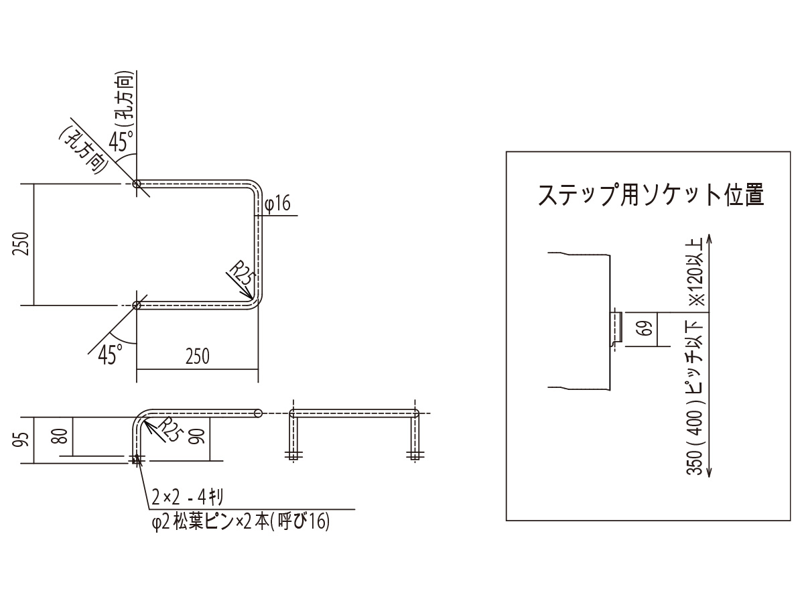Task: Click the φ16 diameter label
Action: coord(277,204)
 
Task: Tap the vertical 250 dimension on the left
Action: coord(21,244)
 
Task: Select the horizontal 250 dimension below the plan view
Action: coord(198,356)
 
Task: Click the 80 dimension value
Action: coord(62,436)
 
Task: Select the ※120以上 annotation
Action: coord(695,273)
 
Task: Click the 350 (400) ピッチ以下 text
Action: coord(695,397)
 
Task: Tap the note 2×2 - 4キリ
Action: coord(187,497)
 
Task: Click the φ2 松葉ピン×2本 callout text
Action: coord(241,521)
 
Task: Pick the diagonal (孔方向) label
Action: coord(84,149)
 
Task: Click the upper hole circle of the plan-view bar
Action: coord(137,184)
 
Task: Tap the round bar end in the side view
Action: coord(258,413)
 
